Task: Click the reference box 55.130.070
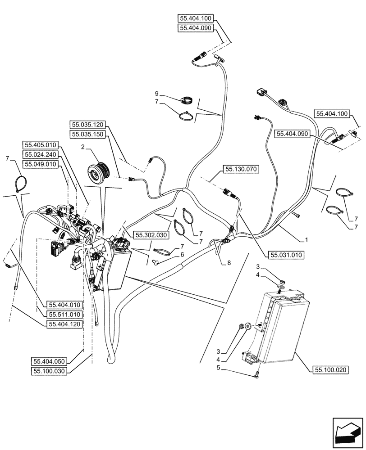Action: (x=239, y=170)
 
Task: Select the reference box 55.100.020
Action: (x=330, y=370)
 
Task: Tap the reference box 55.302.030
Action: (x=150, y=234)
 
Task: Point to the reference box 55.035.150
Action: (x=87, y=134)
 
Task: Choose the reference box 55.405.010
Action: (x=40, y=145)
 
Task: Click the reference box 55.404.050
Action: (x=50, y=361)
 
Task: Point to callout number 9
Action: (x=157, y=94)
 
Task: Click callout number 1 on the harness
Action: (x=306, y=240)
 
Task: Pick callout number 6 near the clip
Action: (x=182, y=255)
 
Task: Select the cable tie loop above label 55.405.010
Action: (x=19, y=184)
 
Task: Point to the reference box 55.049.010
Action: (x=40, y=165)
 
